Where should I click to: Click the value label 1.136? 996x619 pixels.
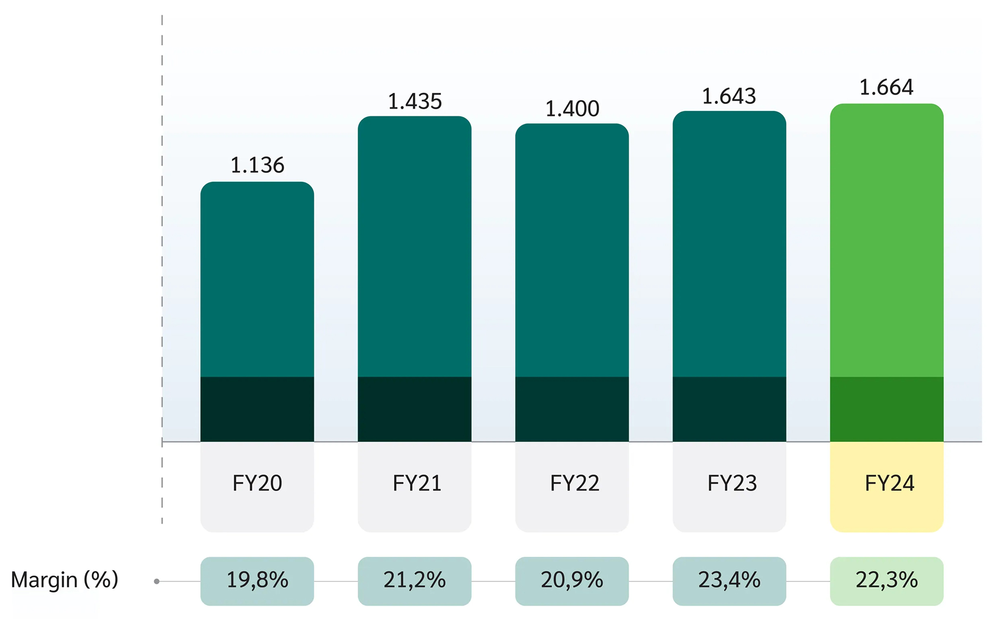[x=257, y=165]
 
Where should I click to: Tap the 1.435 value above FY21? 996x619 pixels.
[x=415, y=102]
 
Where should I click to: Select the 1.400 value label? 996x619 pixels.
[x=572, y=109]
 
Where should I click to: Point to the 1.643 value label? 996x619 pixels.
[x=729, y=96]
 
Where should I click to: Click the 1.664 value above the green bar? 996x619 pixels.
[x=886, y=87]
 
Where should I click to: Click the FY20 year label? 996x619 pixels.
[x=257, y=483]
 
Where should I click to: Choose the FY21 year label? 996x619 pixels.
[x=416, y=483]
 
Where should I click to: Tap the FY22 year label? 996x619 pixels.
[x=574, y=483]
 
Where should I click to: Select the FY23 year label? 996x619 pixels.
[x=731, y=483]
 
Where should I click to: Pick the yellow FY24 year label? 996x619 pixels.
[x=889, y=483]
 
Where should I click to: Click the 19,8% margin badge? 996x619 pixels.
[x=257, y=580]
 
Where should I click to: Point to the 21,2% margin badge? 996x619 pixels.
[x=415, y=580]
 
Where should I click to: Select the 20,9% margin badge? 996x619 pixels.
[x=572, y=580]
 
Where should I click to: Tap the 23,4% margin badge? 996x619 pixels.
[x=729, y=580]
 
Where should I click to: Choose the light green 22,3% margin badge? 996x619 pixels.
[x=886, y=580]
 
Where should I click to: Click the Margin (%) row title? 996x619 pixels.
[x=64, y=580]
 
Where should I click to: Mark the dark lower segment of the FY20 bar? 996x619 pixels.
[x=257, y=409]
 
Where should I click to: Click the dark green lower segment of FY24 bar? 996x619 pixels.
[x=886, y=409]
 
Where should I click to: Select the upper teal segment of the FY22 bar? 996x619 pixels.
[x=572, y=249]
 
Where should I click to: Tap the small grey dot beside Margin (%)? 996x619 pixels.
[x=157, y=581]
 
